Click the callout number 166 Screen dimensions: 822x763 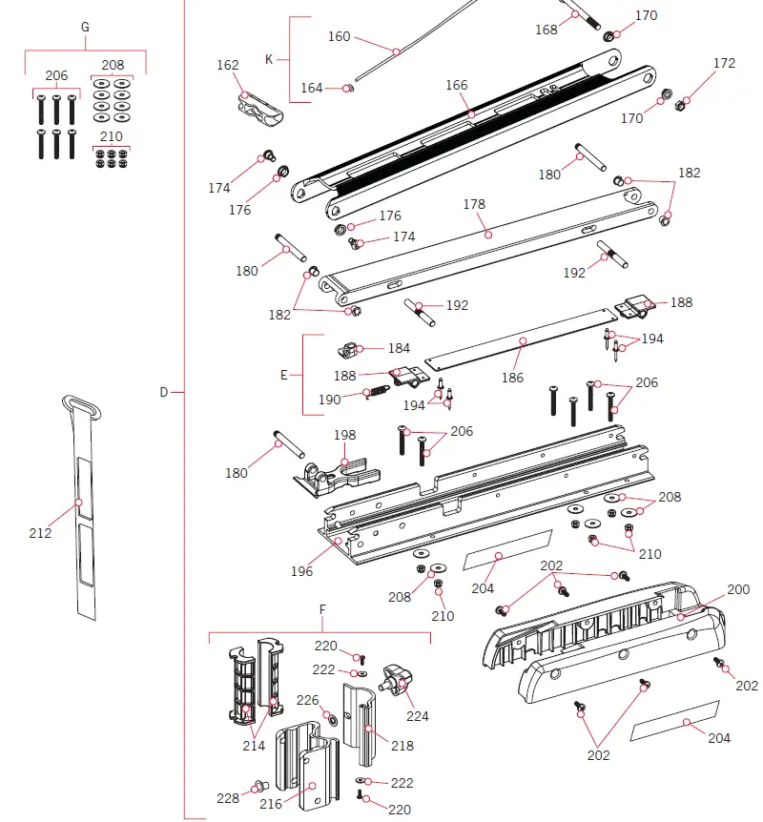point(457,86)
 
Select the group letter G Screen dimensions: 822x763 point(85,27)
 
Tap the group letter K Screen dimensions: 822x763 point(269,59)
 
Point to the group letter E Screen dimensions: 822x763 point(283,375)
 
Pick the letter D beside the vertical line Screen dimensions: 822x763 point(163,392)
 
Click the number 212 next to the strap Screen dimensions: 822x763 point(40,533)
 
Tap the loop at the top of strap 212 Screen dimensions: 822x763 point(82,405)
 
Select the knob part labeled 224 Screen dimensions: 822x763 point(397,680)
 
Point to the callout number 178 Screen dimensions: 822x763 point(474,205)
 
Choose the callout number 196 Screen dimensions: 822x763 point(301,571)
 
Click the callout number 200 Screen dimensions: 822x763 point(738,590)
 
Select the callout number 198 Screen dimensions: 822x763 point(344,436)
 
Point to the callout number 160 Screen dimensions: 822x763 point(340,37)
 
